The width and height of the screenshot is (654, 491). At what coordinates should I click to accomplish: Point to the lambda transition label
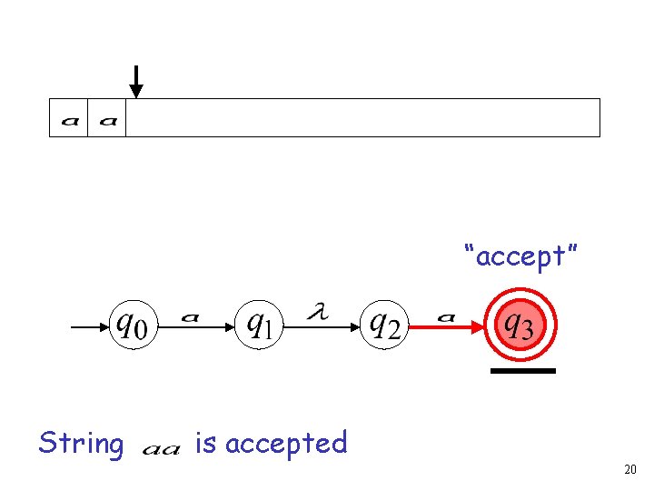tap(317, 312)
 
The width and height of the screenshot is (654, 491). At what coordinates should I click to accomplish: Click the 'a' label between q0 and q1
tap(190, 316)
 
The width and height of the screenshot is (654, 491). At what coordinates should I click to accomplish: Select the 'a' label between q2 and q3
tap(446, 316)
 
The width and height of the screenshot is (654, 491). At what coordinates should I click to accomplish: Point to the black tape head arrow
tap(135, 81)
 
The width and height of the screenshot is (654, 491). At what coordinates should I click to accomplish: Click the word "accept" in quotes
tap(520, 256)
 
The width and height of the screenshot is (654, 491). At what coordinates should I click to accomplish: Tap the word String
tap(81, 444)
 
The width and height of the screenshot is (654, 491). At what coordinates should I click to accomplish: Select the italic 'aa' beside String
tap(162, 448)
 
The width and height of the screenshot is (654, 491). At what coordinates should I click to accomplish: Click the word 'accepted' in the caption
tap(286, 444)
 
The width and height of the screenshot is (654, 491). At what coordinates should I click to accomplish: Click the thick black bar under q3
tap(521, 371)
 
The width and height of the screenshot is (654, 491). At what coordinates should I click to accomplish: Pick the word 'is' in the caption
tap(205, 444)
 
